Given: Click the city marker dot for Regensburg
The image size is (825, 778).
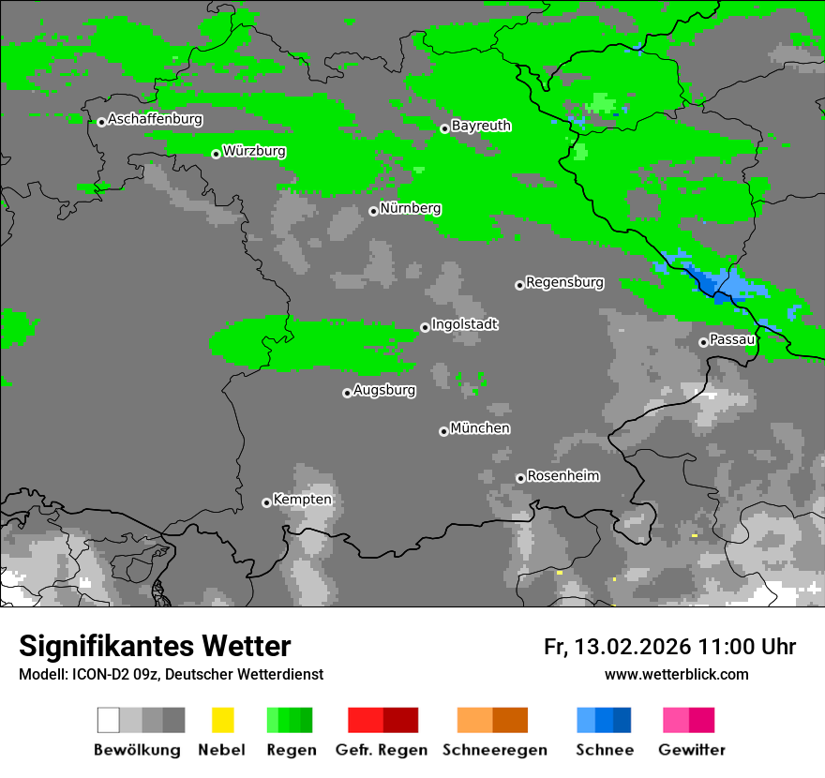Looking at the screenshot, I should point(519,285).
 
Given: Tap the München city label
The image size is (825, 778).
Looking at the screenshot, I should point(480,428).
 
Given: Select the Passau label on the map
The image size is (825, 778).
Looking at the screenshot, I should point(732,339).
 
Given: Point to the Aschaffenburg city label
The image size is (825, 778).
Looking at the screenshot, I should point(155,119).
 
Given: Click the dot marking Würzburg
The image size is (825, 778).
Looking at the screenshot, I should point(216,154).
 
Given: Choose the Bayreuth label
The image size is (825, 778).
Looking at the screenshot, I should point(481,126).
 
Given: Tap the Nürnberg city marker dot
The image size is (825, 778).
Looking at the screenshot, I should point(373,211).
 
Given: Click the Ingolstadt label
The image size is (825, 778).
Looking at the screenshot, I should point(464,324).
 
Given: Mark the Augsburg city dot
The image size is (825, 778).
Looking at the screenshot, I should point(347,393).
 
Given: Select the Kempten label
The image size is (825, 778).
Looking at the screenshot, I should point(302,500).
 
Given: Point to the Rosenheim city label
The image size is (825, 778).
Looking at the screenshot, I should point(562,476).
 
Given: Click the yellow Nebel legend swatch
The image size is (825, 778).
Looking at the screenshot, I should point(222,720).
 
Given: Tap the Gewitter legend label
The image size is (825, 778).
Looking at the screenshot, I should point(692,750).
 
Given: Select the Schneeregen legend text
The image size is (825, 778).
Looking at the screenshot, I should point(494,750).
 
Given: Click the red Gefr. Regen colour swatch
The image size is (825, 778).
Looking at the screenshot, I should point(366,720).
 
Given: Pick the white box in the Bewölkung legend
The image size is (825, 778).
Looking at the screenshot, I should point(109,720).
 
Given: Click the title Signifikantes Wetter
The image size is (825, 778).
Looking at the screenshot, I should point(155,647).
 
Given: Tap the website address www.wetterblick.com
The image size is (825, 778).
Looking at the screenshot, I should point(676,675).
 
